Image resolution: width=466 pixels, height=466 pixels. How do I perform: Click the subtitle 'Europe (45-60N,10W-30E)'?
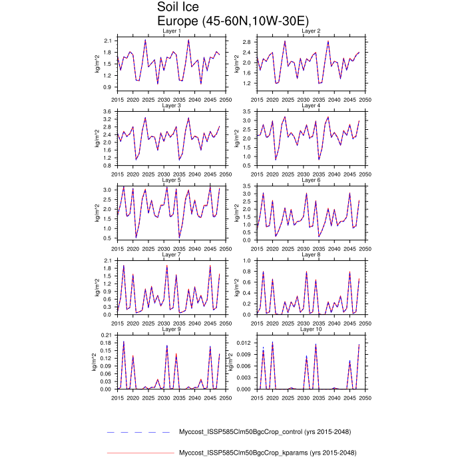pos(224,21)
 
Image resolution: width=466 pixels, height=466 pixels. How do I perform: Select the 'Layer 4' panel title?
pos(311,105)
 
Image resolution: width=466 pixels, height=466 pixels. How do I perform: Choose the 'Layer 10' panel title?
pos(311,329)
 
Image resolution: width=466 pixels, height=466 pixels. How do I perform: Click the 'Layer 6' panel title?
pos(311,180)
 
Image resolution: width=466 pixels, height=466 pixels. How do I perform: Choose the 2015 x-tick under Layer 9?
pos(118,397)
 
